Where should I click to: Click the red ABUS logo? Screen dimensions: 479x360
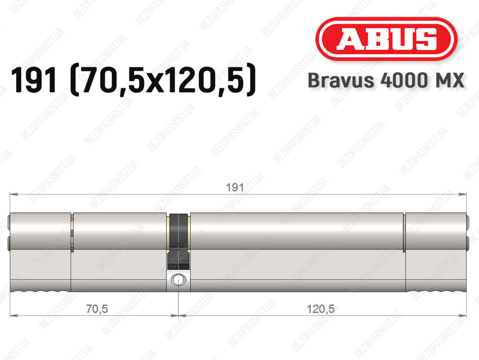pos(386,39)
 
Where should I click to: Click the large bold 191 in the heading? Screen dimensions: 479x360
pos(34,81)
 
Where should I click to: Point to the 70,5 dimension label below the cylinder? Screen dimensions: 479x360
pos(97,309)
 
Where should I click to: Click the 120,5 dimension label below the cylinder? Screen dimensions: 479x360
pos(320,309)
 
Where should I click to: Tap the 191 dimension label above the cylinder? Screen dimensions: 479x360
pos(235,187)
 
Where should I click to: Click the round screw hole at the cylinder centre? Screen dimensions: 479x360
pos(178,279)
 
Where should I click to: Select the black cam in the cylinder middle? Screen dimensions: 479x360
pos(178,242)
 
